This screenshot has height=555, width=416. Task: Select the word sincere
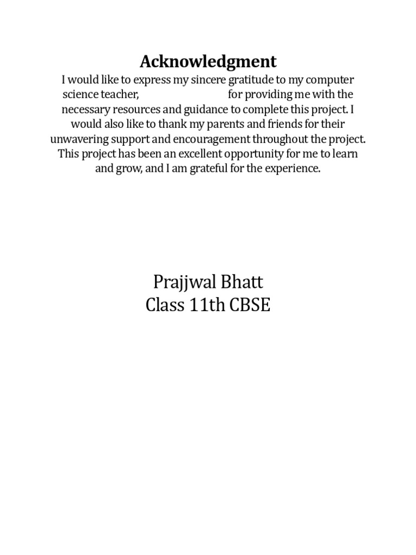(220, 80)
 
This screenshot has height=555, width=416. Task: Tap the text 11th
(207, 306)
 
